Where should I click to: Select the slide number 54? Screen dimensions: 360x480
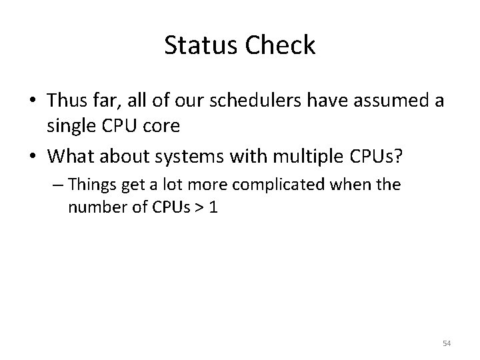pyautogui.click(x=447, y=343)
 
